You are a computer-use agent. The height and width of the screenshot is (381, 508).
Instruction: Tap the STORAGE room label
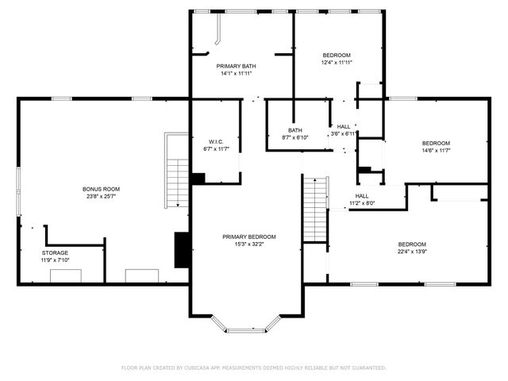(x=56, y=252)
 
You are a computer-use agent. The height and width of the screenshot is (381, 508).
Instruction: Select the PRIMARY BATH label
(x=238, y=66)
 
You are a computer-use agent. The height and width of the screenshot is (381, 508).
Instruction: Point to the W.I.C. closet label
(x=216, y=141)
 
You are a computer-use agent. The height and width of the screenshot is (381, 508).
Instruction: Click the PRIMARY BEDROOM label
(x=249, y=237)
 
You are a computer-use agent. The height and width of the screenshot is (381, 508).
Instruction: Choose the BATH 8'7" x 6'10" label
(x=295, y=130)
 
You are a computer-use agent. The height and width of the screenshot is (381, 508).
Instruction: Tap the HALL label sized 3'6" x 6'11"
(x=344, y=126)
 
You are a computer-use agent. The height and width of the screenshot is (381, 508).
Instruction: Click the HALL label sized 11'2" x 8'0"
(x=362, y=195)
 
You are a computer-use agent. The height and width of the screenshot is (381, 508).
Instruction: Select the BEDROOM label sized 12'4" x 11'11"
(x=337, y=55)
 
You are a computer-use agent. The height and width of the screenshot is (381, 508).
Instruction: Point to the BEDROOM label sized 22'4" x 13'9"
(x=411, y=244)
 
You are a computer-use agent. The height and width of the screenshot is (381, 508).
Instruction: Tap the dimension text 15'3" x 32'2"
(x=249, y=244)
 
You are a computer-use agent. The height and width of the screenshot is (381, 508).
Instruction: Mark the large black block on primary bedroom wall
(x=182, y=250)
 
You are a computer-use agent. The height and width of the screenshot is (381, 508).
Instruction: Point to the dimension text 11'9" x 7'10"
(x=56, y=260)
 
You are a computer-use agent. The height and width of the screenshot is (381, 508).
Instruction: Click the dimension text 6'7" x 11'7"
(x=216, y=148)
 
